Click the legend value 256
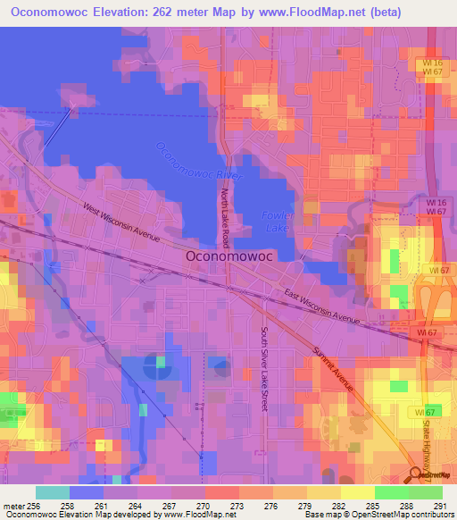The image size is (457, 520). click(37, 506)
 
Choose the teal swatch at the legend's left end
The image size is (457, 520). click(53, 492)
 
